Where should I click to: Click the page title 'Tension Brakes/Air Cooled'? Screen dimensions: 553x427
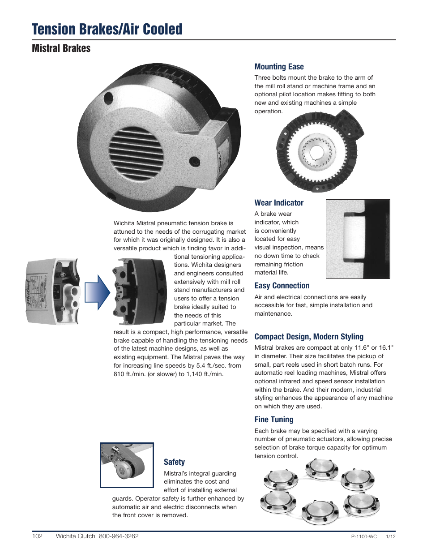pyautogui.click(x=107, y=30)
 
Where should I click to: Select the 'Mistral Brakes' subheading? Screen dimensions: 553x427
pyautogui.click(x=61, y=48)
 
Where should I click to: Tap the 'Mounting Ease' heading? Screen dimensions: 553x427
pyautogui.click(x=279, y=67)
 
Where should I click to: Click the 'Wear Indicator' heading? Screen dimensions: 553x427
pyautogui.click(x=279, y=203)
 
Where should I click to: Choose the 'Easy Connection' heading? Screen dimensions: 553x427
pyautogui.click(x=282, y=286)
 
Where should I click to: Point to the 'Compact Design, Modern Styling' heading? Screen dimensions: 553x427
pyautogui.click(x=308, y=337)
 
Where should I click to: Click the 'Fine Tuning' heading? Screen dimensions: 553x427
pyautogui.click(x=273, y=420)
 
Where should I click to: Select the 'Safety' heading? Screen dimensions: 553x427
pyautogui.click(x=174, y=462)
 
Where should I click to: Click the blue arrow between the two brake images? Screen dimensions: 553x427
pyautogui.click(x=97, y=292)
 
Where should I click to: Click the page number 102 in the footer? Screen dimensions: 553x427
pyautogui.click(x=37, y=536)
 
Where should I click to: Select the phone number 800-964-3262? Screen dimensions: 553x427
pyautogui.click(x=119, y=536)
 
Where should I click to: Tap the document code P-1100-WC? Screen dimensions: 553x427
pyautogui.click(x=364, y=536)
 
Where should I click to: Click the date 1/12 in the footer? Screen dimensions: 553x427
pyautogui.click(x=390, y=536)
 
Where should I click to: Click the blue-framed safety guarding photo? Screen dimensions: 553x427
pyautogui.click(x=127, y=465)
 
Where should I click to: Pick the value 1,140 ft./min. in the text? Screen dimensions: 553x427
pyautogui.click(x=205, y=374)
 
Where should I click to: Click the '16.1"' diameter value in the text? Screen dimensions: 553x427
pyautogui.click(x=386, y=348)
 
